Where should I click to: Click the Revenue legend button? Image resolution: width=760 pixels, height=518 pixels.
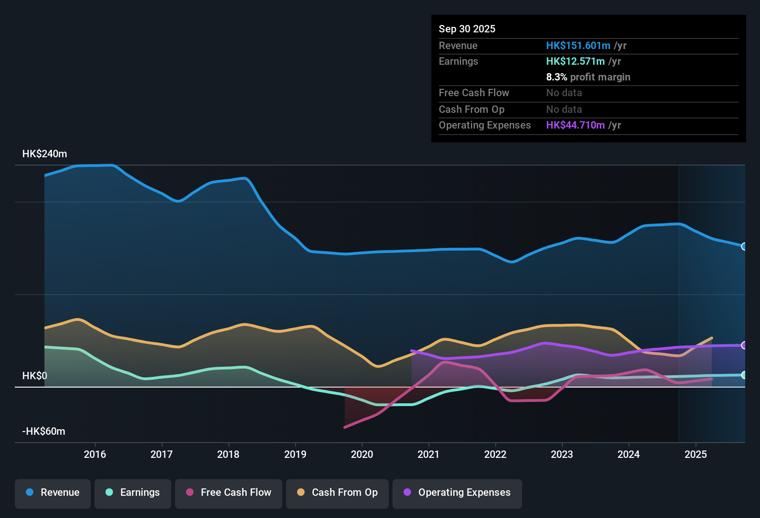click(x=53, y=493)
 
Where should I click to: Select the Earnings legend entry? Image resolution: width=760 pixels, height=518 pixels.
click(x=133, y=493)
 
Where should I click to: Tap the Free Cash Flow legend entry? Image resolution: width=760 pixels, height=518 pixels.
click(x=229, y=493)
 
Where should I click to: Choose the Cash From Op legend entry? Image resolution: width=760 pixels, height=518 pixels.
click(x=337, y=493)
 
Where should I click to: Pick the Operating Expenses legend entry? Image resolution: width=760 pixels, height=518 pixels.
click(x=457, y=493)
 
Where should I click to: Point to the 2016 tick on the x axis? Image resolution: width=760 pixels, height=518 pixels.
click(x=95, y=454)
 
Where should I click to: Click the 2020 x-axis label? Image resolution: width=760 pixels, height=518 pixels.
click(x=362, y=454)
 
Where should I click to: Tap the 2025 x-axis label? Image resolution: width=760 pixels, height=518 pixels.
click(x=696, y=454)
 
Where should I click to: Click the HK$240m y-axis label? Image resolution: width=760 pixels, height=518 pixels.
click(x=44, y=154)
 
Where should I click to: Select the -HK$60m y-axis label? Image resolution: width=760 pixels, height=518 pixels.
click(x=44, y=432)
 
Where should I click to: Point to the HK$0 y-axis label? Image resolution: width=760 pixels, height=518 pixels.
click(x=35, y=376)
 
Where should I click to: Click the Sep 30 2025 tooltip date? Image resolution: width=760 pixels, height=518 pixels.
click(x=467, y=29)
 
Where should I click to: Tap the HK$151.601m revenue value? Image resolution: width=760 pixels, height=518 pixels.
click(x=578, y=46)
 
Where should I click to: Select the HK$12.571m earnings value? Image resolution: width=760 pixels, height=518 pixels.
click(x=575, y=62)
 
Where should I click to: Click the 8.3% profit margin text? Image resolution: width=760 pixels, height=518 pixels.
click(x=588, y=77)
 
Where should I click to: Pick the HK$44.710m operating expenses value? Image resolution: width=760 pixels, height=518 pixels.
click(x=575, y=125)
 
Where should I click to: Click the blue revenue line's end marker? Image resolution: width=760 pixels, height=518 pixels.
click(x=744, y=247)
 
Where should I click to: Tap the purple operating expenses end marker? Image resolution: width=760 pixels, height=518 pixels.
click(x=744, y=345)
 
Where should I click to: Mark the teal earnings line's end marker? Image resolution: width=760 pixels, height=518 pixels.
click(x=744, y=375)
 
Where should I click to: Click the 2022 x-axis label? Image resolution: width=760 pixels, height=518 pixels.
click(x=495, y=454)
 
